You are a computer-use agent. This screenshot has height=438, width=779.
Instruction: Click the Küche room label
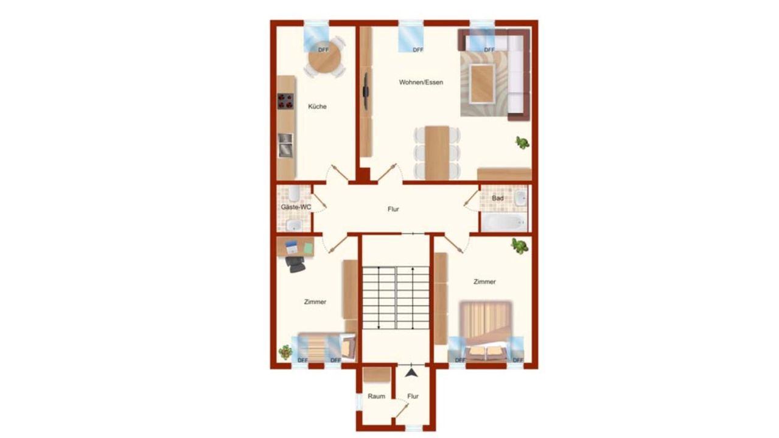pyautogui.click(x=317, y=106)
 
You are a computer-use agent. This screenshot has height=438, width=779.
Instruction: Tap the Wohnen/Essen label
pyautogui.click(x=421, y=82)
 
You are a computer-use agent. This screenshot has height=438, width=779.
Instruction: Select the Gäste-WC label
pyautogui.click(x=296, y=207)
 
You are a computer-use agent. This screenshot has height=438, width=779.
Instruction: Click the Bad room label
pyautogui.click(x=498, y=198)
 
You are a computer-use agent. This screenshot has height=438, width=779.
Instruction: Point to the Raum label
pyautogui.click(x=376, y=396)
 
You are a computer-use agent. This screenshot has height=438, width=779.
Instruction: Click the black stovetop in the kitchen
pyautogui.click(x=285, y=101)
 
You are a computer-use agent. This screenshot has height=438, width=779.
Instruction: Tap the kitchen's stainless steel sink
pyautogui.click(x=285, y=145)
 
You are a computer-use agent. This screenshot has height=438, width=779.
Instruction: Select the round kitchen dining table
pyautogui.click(x=324, y=57)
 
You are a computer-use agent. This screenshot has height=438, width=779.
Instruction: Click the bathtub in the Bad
pyautogui.click(x=504, y=222)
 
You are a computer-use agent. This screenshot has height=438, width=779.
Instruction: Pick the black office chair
pyautogui.click(x=295, y=263)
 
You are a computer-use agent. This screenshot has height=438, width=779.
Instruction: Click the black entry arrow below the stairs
pyautogui.click(x=411, y=373)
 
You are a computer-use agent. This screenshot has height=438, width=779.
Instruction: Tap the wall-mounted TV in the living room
pyautogui.click(x=366, y=91)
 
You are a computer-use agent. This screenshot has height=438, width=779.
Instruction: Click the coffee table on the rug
pyautogui.click(x=482, y=84)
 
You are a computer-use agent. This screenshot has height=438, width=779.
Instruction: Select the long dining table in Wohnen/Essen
pyautogui.click(x=437, y=153)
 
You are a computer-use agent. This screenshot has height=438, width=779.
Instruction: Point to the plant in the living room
pyautogui.click(x=522, y=142)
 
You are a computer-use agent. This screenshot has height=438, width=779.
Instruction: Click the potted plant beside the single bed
pyautogui.click(x=285, y=352)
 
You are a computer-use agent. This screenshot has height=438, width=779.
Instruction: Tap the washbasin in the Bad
pyautogui.click(x=520, y=198)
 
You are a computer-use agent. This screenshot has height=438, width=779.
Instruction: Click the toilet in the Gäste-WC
pyautogui.click(x=294, y=193)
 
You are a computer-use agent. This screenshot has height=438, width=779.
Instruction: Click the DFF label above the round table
pyautogui.click(x=323, y=50)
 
